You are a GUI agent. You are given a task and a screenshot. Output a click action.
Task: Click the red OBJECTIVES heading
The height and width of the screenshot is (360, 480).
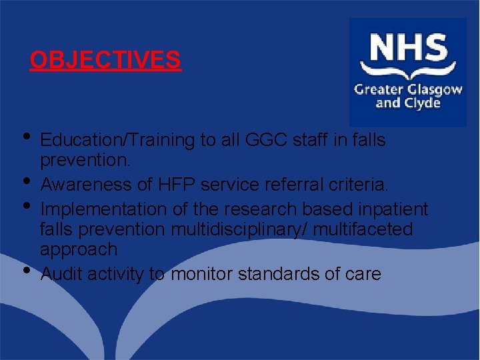coord(105,61)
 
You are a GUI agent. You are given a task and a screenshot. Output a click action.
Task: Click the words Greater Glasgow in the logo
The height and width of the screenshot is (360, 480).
coord(408,89)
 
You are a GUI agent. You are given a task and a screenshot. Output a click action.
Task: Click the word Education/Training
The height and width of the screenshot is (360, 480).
coord(118,141)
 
